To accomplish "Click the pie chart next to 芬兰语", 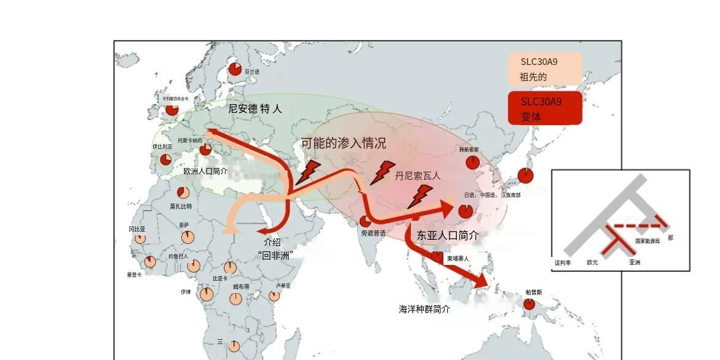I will pos(235,69).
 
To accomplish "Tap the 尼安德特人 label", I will pos(255,109).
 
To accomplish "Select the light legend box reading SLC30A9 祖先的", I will pos(545,69).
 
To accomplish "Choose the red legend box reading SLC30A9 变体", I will pos(545,109).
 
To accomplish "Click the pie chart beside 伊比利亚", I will pos(166,159).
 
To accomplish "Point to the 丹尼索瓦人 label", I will pos(418,175).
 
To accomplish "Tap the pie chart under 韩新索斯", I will pos(472,163).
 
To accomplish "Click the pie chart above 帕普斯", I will pos(529,304).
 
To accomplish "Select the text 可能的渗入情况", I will pos(343,144).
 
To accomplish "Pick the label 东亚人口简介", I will pos(448,235).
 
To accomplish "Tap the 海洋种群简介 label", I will pos(424,309).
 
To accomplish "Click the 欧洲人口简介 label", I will pos(205,171).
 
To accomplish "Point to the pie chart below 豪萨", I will pos(187,237).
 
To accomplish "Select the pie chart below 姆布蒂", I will pos(236,299).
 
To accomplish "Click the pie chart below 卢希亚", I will pos(274,296).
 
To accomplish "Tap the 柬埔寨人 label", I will pos(458,259).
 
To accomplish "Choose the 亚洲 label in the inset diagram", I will pos(634,262).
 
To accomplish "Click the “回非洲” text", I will pos(275,255).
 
